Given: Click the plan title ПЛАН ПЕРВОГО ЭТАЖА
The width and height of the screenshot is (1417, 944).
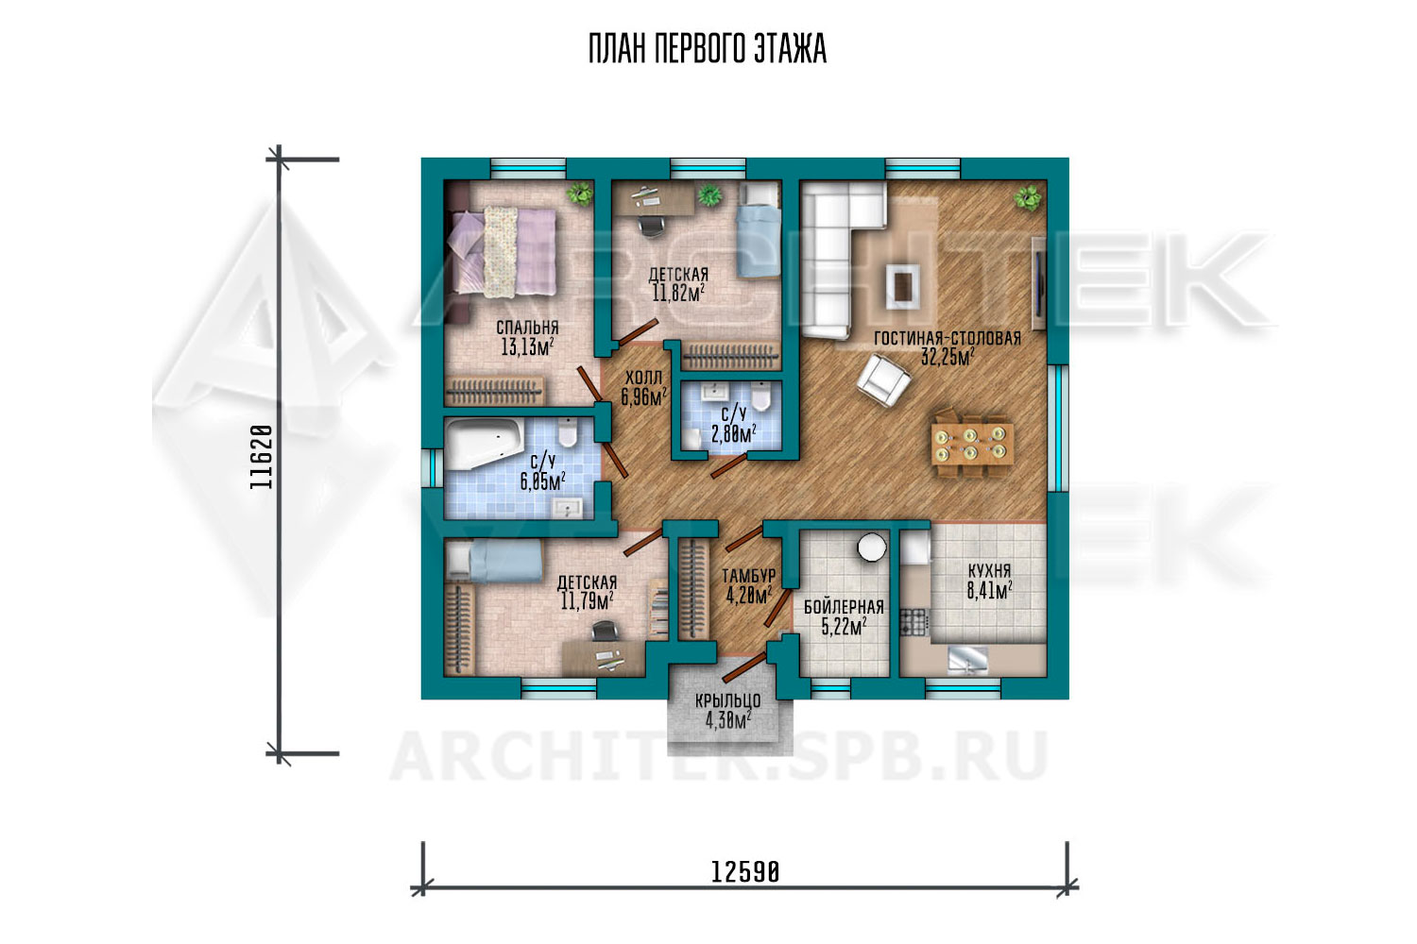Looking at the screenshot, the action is coord(708,49).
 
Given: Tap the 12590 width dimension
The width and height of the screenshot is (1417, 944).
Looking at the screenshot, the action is coord(745,872).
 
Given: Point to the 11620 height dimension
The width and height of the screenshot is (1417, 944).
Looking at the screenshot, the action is coord(262,457).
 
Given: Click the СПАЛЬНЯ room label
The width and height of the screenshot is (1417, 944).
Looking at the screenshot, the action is coord(527,328).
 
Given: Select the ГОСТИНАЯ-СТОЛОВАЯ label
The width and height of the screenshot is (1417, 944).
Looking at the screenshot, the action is coord(948,339).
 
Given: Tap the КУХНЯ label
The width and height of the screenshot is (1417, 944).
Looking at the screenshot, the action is coord(989,571).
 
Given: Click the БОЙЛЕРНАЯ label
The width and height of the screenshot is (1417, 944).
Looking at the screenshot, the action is coord(844,608).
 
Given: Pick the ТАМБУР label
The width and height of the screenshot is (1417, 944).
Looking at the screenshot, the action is coord(749,576).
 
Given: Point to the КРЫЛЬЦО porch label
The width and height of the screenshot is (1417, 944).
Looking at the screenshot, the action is coord(727,701).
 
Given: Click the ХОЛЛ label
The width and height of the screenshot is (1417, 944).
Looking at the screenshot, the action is coord(644,379).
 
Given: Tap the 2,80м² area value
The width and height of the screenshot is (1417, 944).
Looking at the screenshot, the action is coord(734,434).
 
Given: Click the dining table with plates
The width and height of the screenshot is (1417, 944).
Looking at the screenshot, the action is coord(972,444).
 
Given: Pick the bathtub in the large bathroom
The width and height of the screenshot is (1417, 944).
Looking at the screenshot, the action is coord(484,444).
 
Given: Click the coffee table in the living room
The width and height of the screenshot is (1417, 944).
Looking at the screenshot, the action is coord(903,286).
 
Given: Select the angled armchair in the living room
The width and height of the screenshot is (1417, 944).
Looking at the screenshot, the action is coord(883,379).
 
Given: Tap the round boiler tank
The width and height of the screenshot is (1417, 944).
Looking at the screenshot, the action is coord(872,548).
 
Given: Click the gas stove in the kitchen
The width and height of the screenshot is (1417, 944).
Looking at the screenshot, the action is coord(913,621).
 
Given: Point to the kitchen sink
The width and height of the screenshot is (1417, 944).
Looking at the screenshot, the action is coord(967,658).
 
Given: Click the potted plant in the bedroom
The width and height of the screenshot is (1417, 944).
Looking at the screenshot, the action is coord(579,194).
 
